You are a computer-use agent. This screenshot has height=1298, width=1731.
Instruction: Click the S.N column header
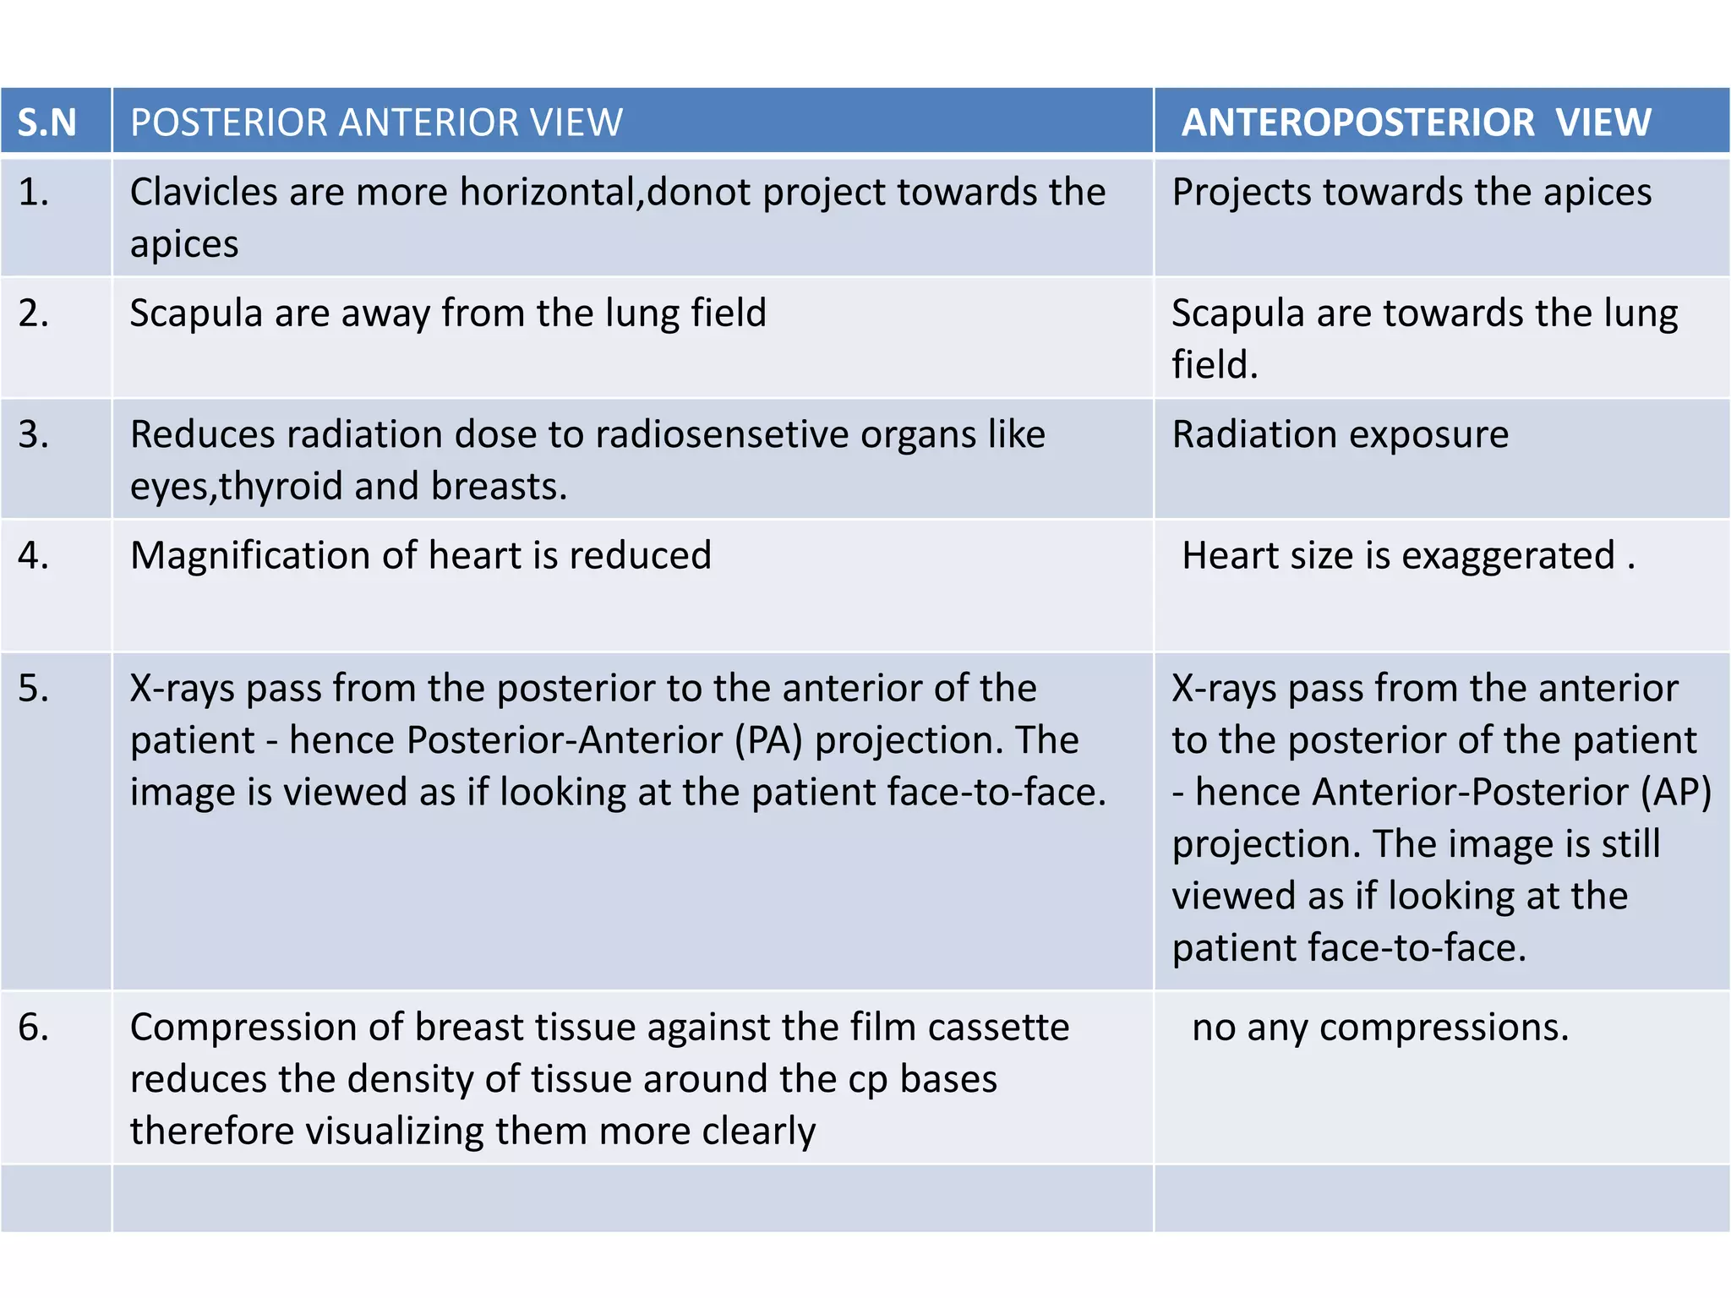(47, 123)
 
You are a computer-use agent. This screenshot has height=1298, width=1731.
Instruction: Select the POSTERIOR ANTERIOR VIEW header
(376, 123)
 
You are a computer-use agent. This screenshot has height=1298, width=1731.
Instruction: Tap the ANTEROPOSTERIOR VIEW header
(1416, 123)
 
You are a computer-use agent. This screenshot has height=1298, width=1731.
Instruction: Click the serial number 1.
(34, 193)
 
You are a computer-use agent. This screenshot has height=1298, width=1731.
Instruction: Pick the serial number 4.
(34, 556)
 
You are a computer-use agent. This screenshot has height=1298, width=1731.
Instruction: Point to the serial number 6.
(34, 1028)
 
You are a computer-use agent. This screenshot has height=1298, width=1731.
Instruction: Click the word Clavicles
(203, 193)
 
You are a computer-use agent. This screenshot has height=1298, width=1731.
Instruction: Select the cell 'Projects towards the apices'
(1412, 193)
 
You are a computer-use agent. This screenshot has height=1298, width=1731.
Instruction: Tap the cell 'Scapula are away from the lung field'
(448, 314)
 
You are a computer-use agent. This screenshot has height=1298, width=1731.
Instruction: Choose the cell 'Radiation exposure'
(1340, 435)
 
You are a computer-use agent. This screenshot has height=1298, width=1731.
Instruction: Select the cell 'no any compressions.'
(1380, 1028)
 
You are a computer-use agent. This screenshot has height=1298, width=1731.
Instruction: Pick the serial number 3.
(34, 435)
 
